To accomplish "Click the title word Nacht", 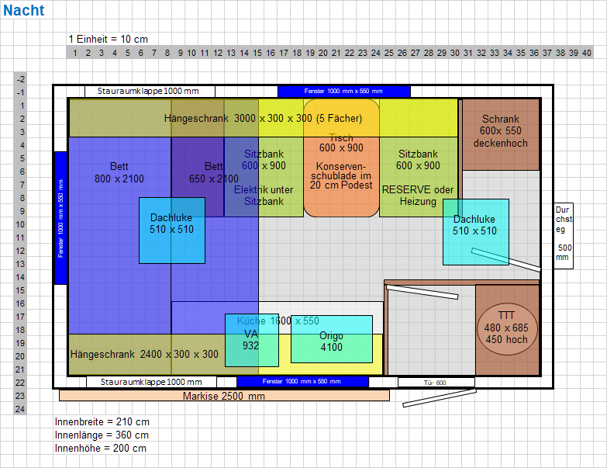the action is [x=23, y=11].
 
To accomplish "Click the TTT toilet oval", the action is [x=507, y=328].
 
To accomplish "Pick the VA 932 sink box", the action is [x=251, y=340].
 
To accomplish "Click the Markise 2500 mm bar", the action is [x=224, y=396].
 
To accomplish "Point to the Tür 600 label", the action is [x=435, y=382].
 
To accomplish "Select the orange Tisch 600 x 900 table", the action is [x=341, y=158].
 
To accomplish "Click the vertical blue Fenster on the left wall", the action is [x=60, y=217].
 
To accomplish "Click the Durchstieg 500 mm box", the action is [x=564, y=235].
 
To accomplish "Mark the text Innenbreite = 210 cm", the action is [x=102, y=421].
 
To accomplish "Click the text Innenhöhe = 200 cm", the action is [x=101, y=448].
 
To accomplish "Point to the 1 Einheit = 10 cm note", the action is [x=108, y=39].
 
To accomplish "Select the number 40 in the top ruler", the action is [x=586, y=53].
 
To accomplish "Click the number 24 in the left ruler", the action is [x=21, y=408].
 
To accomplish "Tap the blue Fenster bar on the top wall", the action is [x=343, y=91].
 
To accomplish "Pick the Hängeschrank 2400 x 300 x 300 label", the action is [x=145, y=355].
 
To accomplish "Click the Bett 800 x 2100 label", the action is [x=119, y=172].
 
